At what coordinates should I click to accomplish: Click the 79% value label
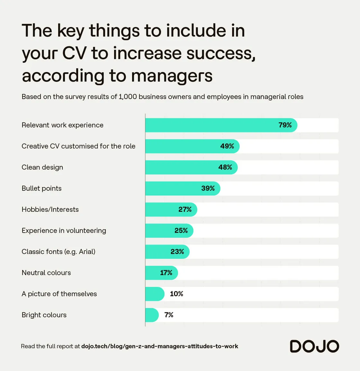(x=285, y=125)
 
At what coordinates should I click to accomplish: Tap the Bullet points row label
(x=41, y=189)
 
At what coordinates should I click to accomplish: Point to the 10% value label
(x=176, y=294)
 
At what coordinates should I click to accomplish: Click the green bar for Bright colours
(x=152, y=315)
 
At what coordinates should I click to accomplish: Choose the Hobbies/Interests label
(x=50, y=209)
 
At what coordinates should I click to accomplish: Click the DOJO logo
(x=314, y=346)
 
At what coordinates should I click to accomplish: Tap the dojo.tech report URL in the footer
(x=159, y=346)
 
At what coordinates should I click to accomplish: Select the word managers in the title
(x=172, y=76)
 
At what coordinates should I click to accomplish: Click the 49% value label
(x=227, y=146)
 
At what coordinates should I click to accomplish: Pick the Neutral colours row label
(x=46, y=273)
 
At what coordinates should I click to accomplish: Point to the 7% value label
(x=169, y=315)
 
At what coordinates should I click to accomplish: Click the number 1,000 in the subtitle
(x=128, y=97)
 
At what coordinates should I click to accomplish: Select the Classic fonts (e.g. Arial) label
(x=59, y=252)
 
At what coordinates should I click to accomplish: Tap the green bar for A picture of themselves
(x=155, y=294)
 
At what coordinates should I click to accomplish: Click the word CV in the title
(x=74, y=53)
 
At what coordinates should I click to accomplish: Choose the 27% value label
(x=185, y=209)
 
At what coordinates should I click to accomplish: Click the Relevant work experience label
(x=62, y=125)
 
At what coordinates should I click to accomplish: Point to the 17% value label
(x=166, y=273)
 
